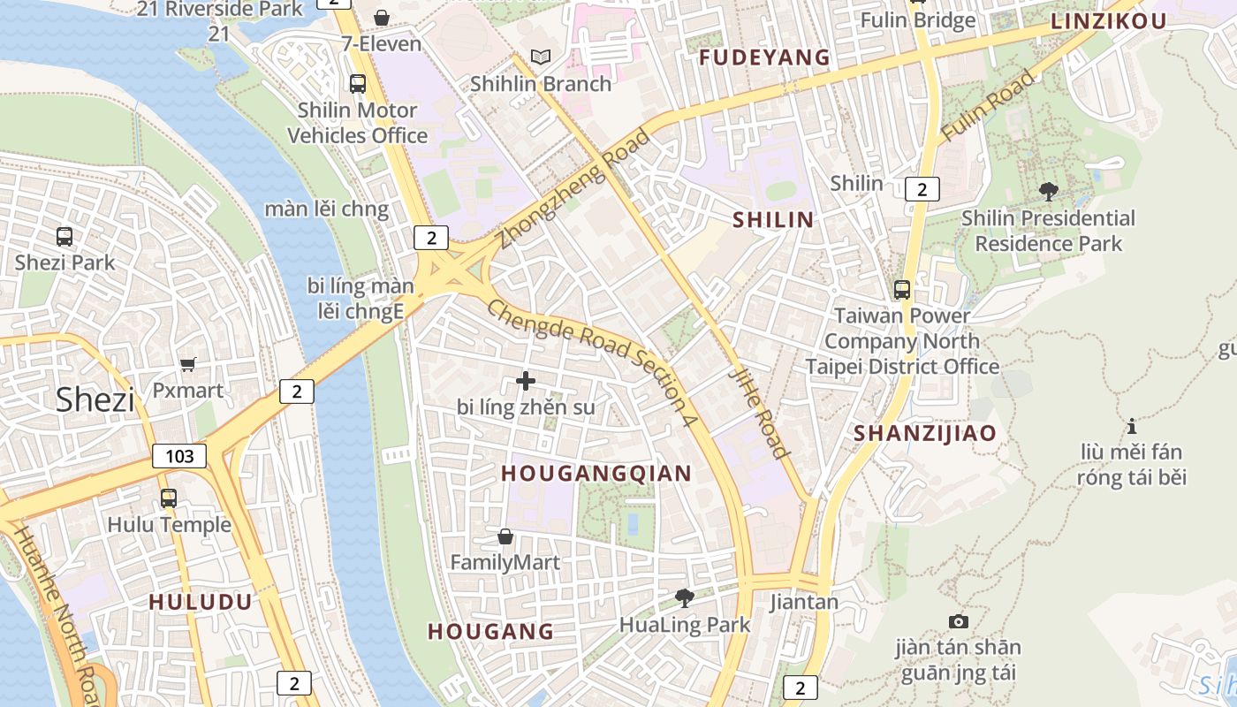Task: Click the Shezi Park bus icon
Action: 65,237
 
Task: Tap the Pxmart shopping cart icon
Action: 187,364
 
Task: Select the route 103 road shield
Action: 179,456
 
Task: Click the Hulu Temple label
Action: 169,524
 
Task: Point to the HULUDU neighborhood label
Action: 201,602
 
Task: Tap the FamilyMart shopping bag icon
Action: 505,536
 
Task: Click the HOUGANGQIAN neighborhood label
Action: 596,474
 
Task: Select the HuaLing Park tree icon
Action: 684,598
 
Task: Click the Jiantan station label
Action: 804,602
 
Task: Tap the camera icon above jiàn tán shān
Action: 958,621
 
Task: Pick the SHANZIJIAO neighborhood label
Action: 925,433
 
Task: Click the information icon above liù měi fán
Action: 1132,426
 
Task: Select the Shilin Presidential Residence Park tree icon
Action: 1049,191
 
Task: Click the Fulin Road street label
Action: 988,105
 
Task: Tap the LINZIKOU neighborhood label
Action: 1109,22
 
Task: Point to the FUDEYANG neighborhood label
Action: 765,57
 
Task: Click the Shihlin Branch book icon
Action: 541,57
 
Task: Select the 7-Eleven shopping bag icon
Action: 382,18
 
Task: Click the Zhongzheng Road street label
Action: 574,188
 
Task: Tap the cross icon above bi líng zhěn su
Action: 526,381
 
